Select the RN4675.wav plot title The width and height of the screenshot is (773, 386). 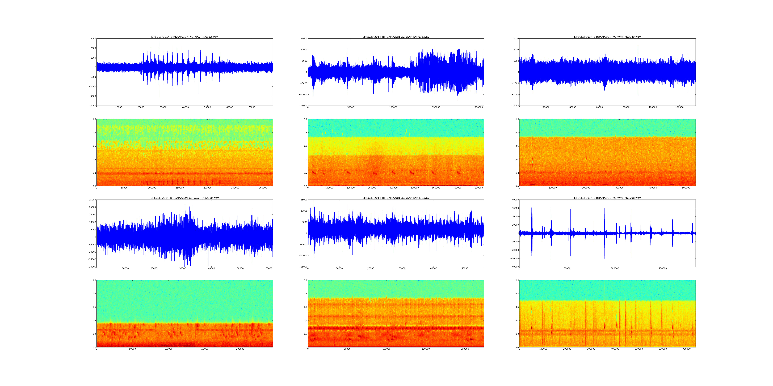(396, 37)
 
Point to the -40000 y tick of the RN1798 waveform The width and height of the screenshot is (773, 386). (514, 267)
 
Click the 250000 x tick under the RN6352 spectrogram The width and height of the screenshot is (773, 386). (235, 188)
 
